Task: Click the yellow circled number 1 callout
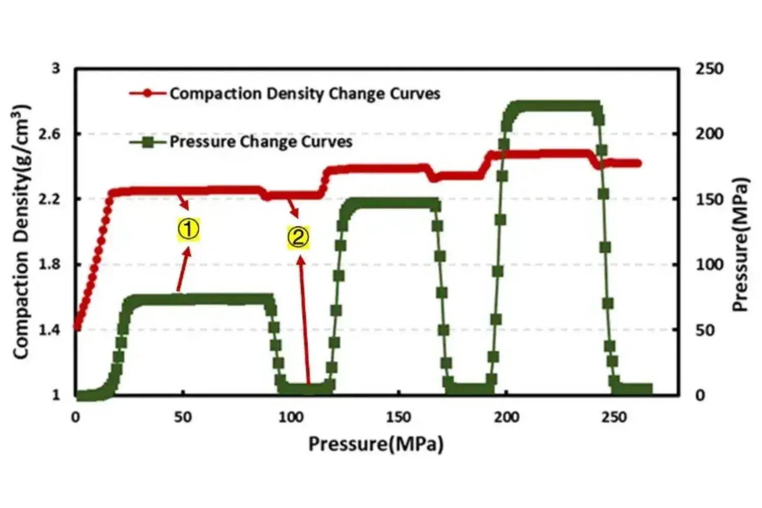click(x=188, y=230)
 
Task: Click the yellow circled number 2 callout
click(x=298, y=237)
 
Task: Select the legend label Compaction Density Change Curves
click(x=305, y=93)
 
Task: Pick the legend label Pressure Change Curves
click(x=261, y=141)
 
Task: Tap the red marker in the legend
click(x=147, y=93)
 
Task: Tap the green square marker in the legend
click(x=147, y=142)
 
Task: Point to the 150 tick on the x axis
click(x=398, y=418)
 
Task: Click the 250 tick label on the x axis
click(x=614, y=418)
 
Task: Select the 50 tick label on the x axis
click(x=183, y=418)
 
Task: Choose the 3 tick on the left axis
click(x=56, y=68)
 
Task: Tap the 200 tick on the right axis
click(x=709, y=134)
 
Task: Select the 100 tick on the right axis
click(x=709, y=264)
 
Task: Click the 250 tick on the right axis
click(x=709, y=69)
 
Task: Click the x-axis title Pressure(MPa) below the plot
click(x=376, y=444)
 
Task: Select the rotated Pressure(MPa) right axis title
click(x=741, y=244)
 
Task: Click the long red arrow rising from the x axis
click(x=305, y=320)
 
